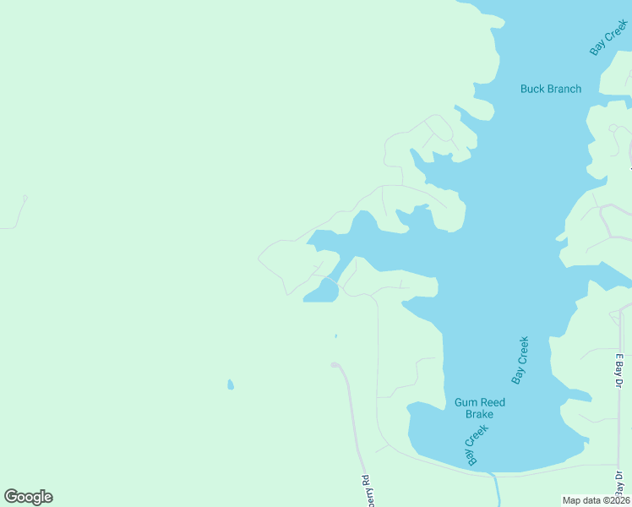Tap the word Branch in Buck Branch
[564, 89]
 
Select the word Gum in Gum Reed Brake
[466, 402]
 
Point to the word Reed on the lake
[493, 402]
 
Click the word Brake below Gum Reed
[479, 414]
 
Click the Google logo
[28, 497]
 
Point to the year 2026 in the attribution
[618, 500]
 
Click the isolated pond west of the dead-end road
[231, 384]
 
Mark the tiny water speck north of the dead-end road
[335, 336]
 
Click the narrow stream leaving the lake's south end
[497, 488]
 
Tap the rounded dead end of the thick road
[335, 365]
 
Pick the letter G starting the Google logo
[11, 497]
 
